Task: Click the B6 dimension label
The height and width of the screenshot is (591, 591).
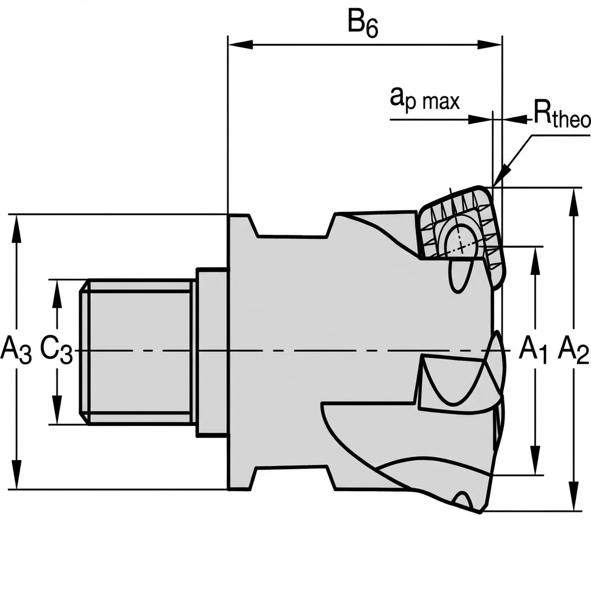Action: [362, 24]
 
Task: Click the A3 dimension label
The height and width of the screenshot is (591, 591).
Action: [16, 350]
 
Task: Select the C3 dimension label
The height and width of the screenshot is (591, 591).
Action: [57, 350]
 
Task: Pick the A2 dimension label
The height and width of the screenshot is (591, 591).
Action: [573, 350]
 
